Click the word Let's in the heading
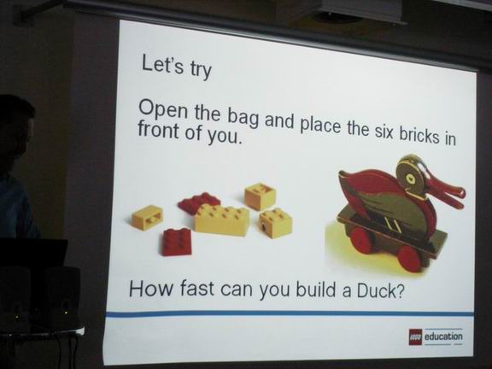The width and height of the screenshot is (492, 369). [x=162, y=64]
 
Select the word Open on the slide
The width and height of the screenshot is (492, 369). [x=164, y=112]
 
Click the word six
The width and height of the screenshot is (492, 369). [x=382, y=132]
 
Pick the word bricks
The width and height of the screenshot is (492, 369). [x=418, y=136]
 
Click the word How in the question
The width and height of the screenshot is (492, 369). [x=150, y=288]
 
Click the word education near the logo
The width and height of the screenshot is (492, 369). [x=443, y=337]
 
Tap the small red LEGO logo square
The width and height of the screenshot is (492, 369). [x=415, y=337]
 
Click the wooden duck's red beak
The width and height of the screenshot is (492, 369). [x=446, y=191]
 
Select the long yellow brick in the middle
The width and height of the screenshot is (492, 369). [x=222, y=219]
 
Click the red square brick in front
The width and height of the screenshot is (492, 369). [x=177, y=242]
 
